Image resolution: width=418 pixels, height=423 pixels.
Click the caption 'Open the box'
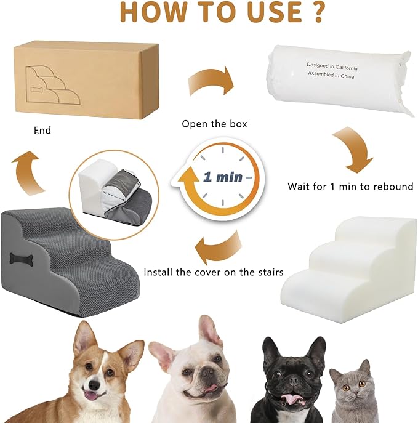(214, 124)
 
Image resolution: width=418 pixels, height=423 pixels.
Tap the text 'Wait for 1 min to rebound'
(350, 186)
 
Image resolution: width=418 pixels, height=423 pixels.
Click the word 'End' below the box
(42, 131)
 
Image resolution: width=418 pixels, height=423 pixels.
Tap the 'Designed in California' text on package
(332, 64)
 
